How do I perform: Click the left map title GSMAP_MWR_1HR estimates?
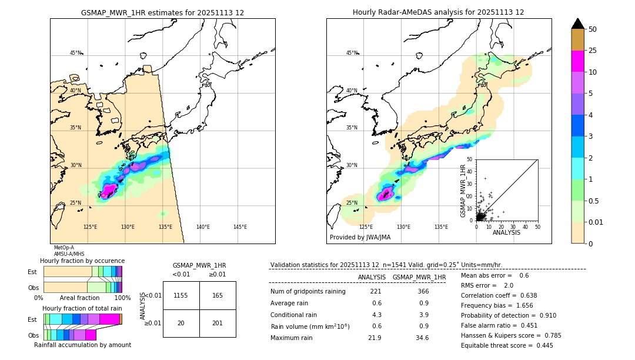click(162, 12)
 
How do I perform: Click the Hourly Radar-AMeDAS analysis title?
click(438, 12)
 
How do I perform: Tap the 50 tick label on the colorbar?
click(593, 29)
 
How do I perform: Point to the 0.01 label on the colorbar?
click(596, 222)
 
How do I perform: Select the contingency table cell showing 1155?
click(181, 295)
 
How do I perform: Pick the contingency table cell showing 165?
click(218, 295)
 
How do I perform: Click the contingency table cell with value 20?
click(181, 323)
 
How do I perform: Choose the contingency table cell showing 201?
click(218, 323)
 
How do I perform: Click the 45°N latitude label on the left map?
click(76, 53)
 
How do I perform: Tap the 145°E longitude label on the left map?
click(240, 227)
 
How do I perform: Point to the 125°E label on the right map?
click(366, 227)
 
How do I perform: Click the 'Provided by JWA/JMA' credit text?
click(360, 238)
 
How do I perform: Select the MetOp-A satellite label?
click(64, 248)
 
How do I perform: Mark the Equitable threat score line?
click(507, 345)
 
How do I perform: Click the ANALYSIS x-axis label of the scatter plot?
click(506, 232)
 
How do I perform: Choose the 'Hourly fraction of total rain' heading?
click(82, 308)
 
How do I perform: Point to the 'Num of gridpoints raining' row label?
click(308, 292)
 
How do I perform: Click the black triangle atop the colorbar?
click(578, 24)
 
